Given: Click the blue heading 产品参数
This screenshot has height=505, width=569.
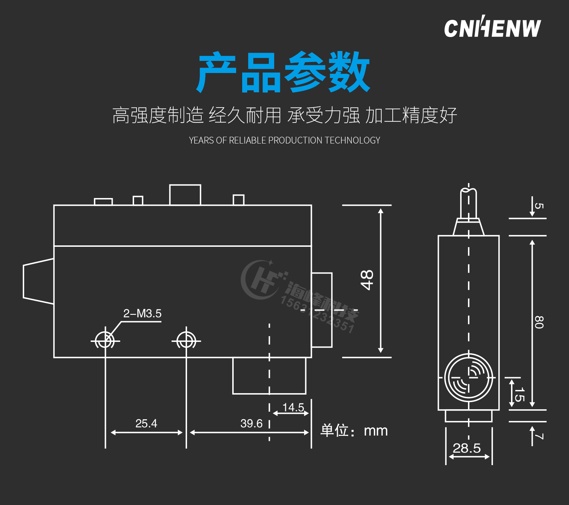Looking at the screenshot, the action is pos(284,72).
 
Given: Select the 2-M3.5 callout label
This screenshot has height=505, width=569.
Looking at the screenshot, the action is pos(142,313).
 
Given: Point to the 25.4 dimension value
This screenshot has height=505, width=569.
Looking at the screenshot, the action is pos(146,423).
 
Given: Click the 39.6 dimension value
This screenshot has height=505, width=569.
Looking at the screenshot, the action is pos(251,423).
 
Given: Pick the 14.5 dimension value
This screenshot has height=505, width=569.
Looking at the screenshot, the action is pos(293,407).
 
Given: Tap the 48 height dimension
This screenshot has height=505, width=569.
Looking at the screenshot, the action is pos(367,280).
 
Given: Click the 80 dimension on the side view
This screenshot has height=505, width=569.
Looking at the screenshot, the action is pos(539,322).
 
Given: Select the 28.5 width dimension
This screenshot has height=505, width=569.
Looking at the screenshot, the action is pos(467,448).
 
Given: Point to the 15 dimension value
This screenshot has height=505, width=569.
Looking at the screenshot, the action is pos(520,394).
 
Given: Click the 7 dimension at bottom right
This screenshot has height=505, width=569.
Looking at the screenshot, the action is pos(539,436).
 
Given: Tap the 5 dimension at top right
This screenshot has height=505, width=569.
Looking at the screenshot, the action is pos(539,206).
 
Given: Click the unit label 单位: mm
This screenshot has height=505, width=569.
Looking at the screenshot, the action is pos(354,431).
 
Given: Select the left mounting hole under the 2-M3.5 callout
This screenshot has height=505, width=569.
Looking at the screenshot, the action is pos(105,341).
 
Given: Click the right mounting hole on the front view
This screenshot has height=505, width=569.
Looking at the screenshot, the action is pos(186,341).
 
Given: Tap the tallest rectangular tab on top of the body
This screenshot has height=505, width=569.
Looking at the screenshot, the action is pos(185,195).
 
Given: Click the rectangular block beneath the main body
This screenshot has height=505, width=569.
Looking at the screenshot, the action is pos(269,376).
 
